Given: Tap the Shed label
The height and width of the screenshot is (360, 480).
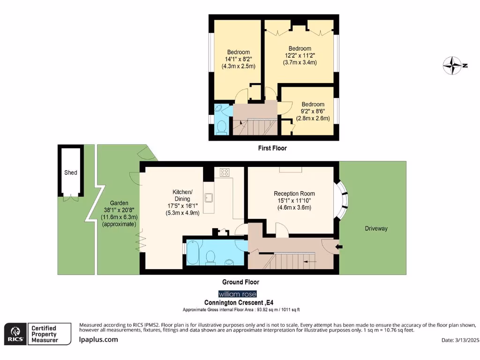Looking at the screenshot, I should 70,172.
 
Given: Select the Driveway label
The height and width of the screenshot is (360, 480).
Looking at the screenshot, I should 376,228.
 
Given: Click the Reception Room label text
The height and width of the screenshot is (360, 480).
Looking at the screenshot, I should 294,194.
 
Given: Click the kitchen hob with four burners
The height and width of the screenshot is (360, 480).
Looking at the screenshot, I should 224,172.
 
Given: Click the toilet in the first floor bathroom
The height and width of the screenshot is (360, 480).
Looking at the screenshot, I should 221,127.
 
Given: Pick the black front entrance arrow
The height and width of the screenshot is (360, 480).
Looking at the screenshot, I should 339,246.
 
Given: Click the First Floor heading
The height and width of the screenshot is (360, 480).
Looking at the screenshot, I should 272,148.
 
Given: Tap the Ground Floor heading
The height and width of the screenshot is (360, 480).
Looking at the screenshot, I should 240,282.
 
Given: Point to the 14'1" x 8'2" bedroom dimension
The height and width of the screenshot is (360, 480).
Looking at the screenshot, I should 239,60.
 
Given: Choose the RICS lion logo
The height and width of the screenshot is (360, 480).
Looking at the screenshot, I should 15,333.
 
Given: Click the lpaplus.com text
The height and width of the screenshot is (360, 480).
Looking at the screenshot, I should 98,339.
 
